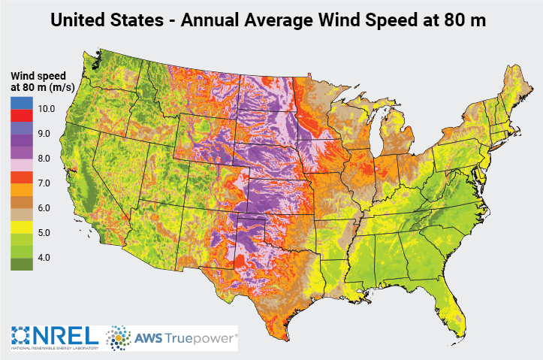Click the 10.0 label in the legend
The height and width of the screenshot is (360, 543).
coord(47,109)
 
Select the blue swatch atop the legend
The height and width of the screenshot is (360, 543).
coord(22,103)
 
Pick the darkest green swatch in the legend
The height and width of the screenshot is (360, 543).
coord(22,264)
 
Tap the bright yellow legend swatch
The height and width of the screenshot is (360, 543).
coord(22,226)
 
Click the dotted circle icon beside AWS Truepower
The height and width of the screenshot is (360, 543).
coord(119,338)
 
